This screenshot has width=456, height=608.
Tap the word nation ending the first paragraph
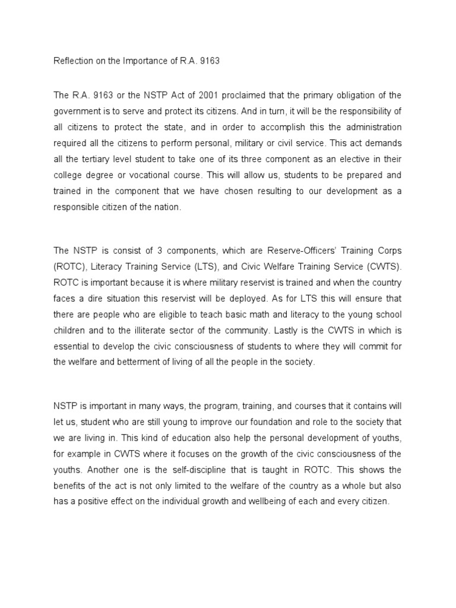tap(184, 208)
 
